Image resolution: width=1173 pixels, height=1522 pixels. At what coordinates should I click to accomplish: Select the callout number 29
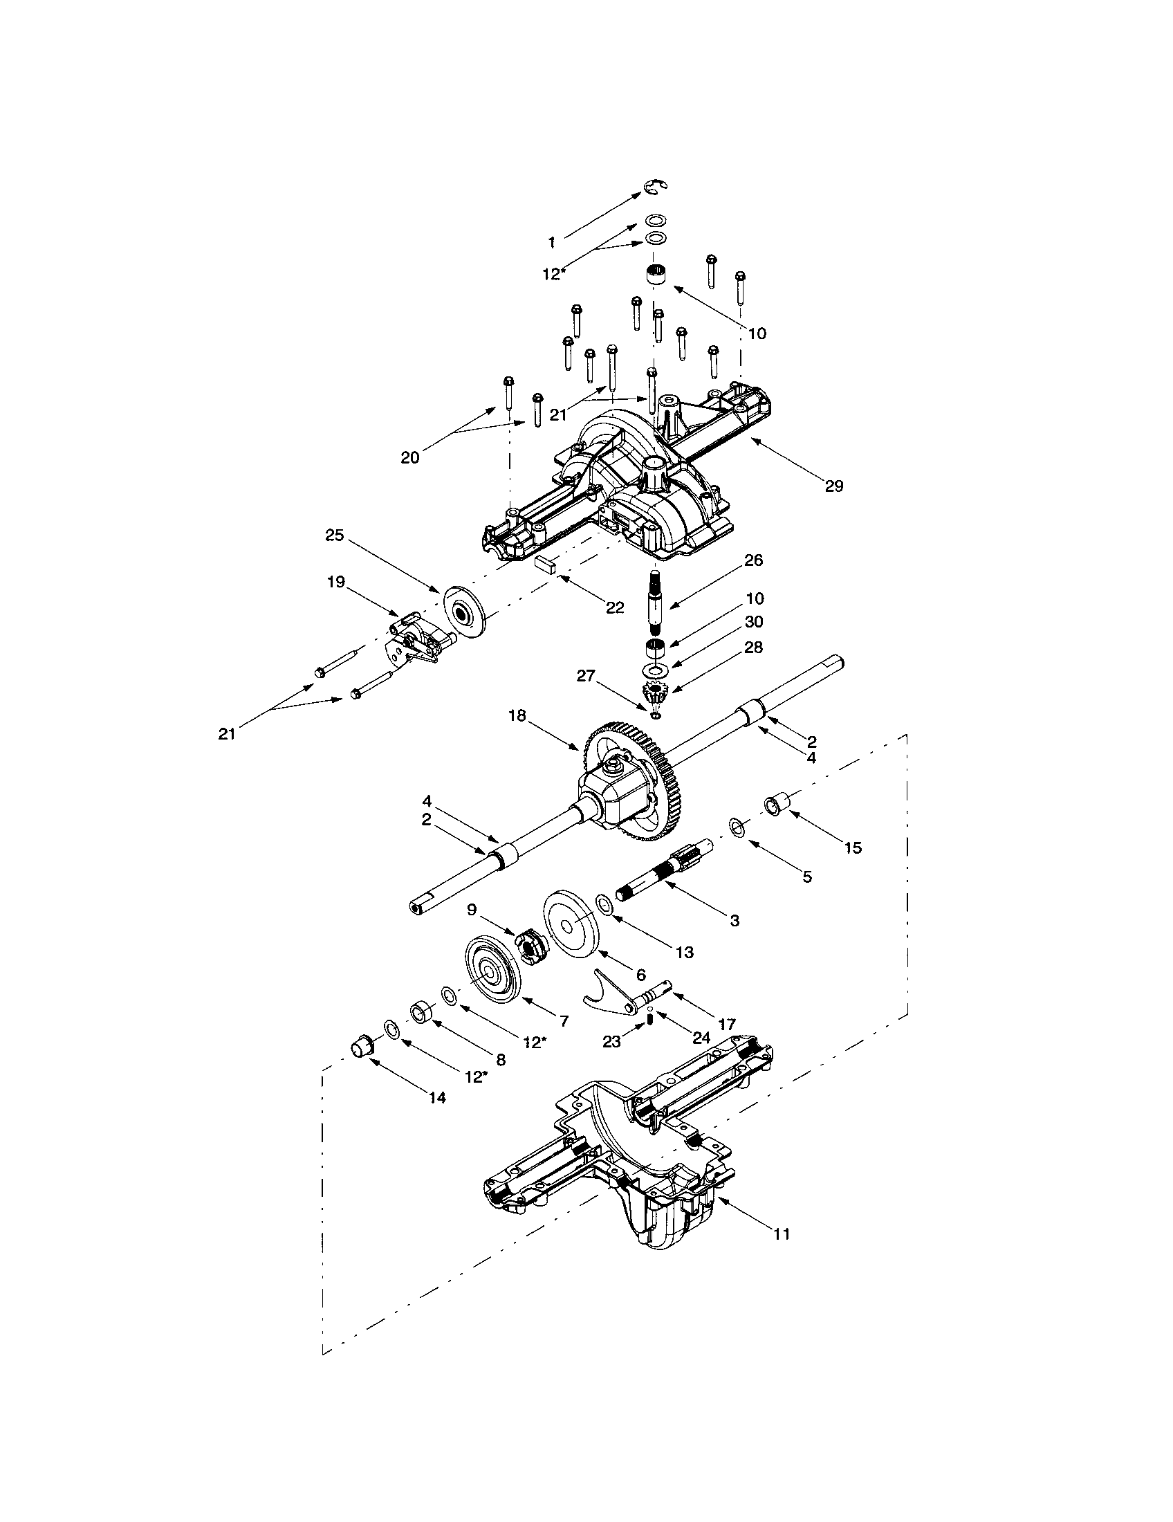click(834, 486)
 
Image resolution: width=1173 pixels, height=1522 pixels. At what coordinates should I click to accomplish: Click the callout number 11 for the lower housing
click(782, 1234)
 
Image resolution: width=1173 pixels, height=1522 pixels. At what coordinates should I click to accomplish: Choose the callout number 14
click(436, 1098)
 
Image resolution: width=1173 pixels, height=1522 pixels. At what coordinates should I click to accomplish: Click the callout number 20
click(410, 458)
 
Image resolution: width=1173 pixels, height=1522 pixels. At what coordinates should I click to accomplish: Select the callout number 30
click(754, 621)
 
